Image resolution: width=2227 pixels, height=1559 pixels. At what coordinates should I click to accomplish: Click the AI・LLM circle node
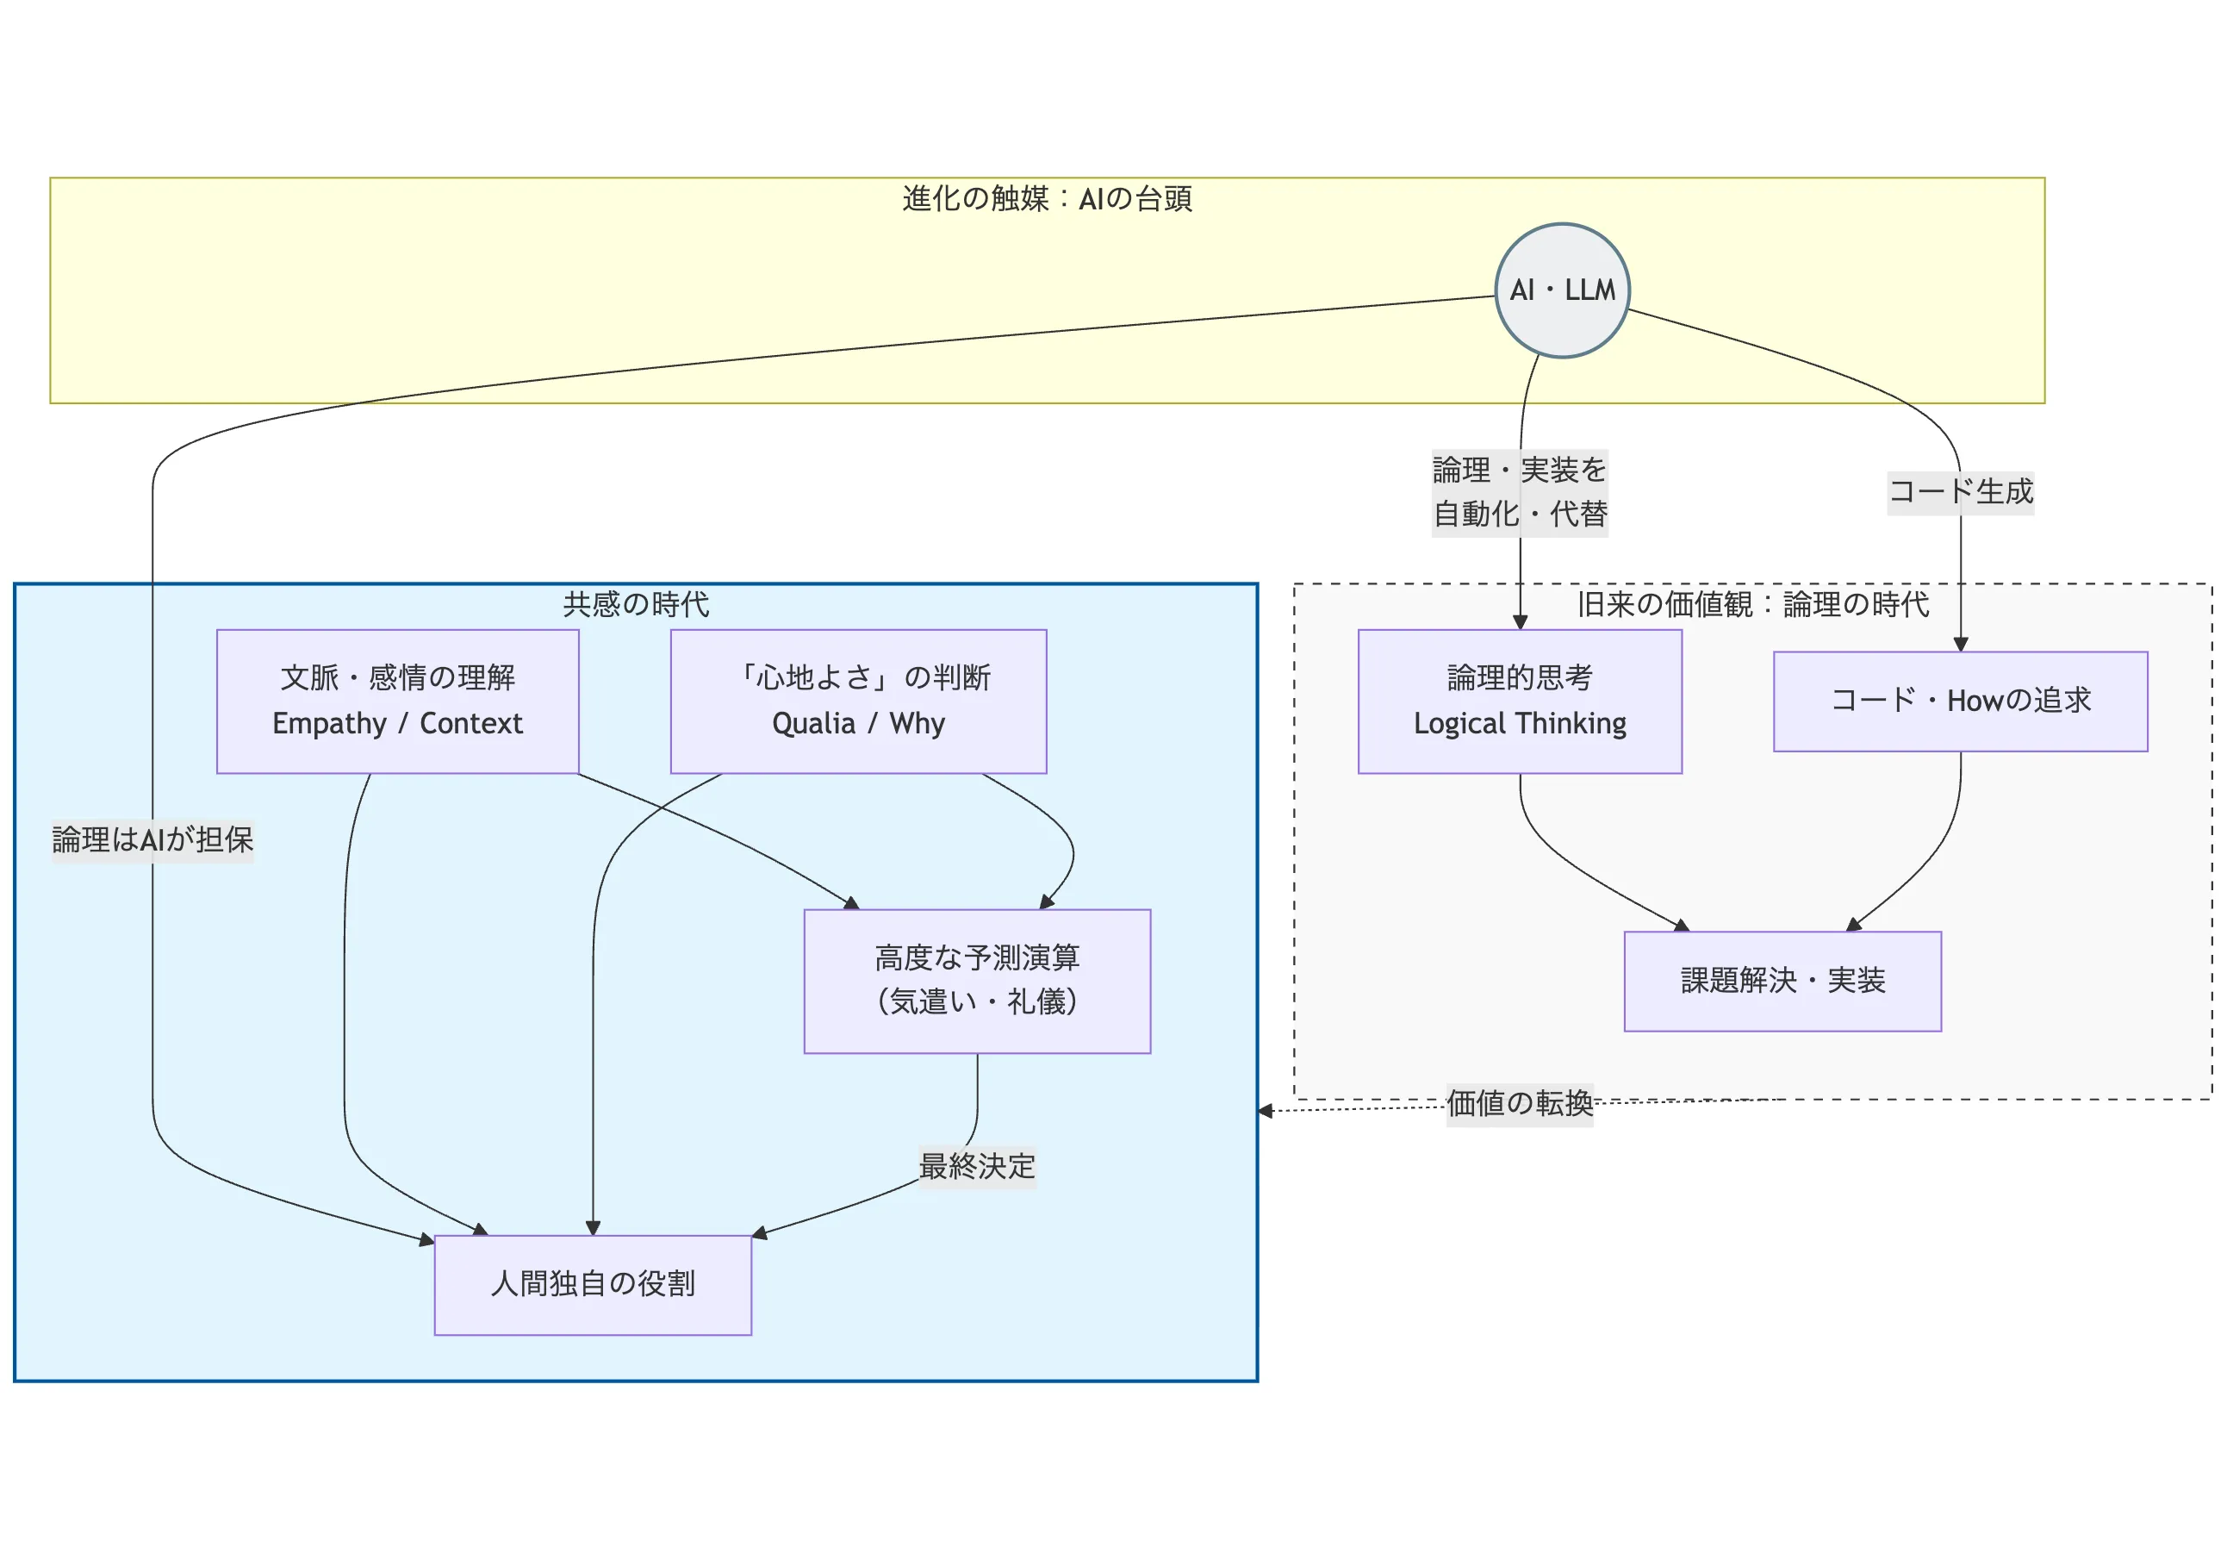point(1562,290)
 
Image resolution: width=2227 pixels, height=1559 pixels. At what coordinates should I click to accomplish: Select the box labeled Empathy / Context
point(398,702)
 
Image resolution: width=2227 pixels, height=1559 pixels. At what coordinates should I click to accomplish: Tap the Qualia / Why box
point(858,702)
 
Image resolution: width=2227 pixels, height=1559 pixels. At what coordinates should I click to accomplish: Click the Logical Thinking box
point(1520,702)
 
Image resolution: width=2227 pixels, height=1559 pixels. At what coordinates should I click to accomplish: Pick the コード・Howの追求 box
point(1960,702)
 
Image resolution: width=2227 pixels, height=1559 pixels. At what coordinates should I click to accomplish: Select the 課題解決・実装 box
point(1782,981)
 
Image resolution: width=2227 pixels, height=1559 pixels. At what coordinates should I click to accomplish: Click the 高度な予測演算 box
point(977,981)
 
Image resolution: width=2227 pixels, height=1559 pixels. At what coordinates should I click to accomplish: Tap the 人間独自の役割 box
point(593,1284)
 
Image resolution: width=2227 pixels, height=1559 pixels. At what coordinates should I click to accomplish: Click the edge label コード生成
point(1960,492)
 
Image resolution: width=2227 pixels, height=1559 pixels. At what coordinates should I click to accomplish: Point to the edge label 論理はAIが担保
point(153,840)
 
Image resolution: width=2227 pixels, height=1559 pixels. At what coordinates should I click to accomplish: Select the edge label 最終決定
point(977,1166)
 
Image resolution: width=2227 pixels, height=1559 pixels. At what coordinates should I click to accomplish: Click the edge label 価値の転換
point(1519,1104)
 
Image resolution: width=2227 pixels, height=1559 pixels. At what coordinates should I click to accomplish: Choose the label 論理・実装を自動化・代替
point(1520,493)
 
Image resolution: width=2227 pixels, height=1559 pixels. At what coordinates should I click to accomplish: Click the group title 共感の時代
point(637,604)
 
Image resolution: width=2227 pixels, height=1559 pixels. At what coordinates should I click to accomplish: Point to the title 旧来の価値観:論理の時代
point(1752,604)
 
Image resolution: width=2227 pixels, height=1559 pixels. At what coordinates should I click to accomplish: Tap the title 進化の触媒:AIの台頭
point(1047,199)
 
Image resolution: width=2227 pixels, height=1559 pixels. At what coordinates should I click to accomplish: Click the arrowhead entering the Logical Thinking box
point(1520,623)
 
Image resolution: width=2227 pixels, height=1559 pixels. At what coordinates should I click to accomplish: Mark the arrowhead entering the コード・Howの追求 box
point(1960,644)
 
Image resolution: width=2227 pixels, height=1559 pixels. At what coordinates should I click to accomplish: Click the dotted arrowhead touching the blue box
point(1265,1111)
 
